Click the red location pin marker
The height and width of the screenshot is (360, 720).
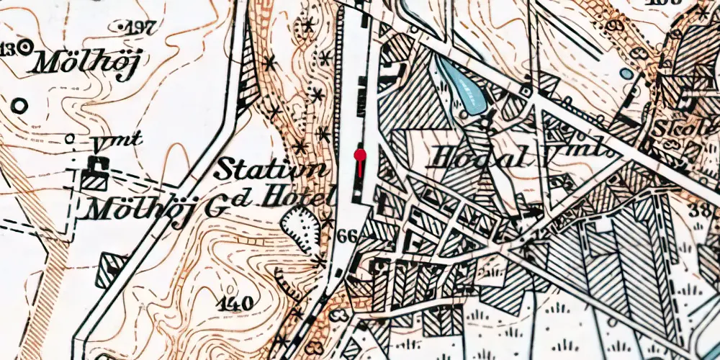click(x=360, y=155)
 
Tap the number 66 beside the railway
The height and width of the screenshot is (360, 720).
click(x=347, y=235)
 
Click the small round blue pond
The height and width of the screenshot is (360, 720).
click(x=627, y=73)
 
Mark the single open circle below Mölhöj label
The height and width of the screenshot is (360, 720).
click(x=19, y=107)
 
